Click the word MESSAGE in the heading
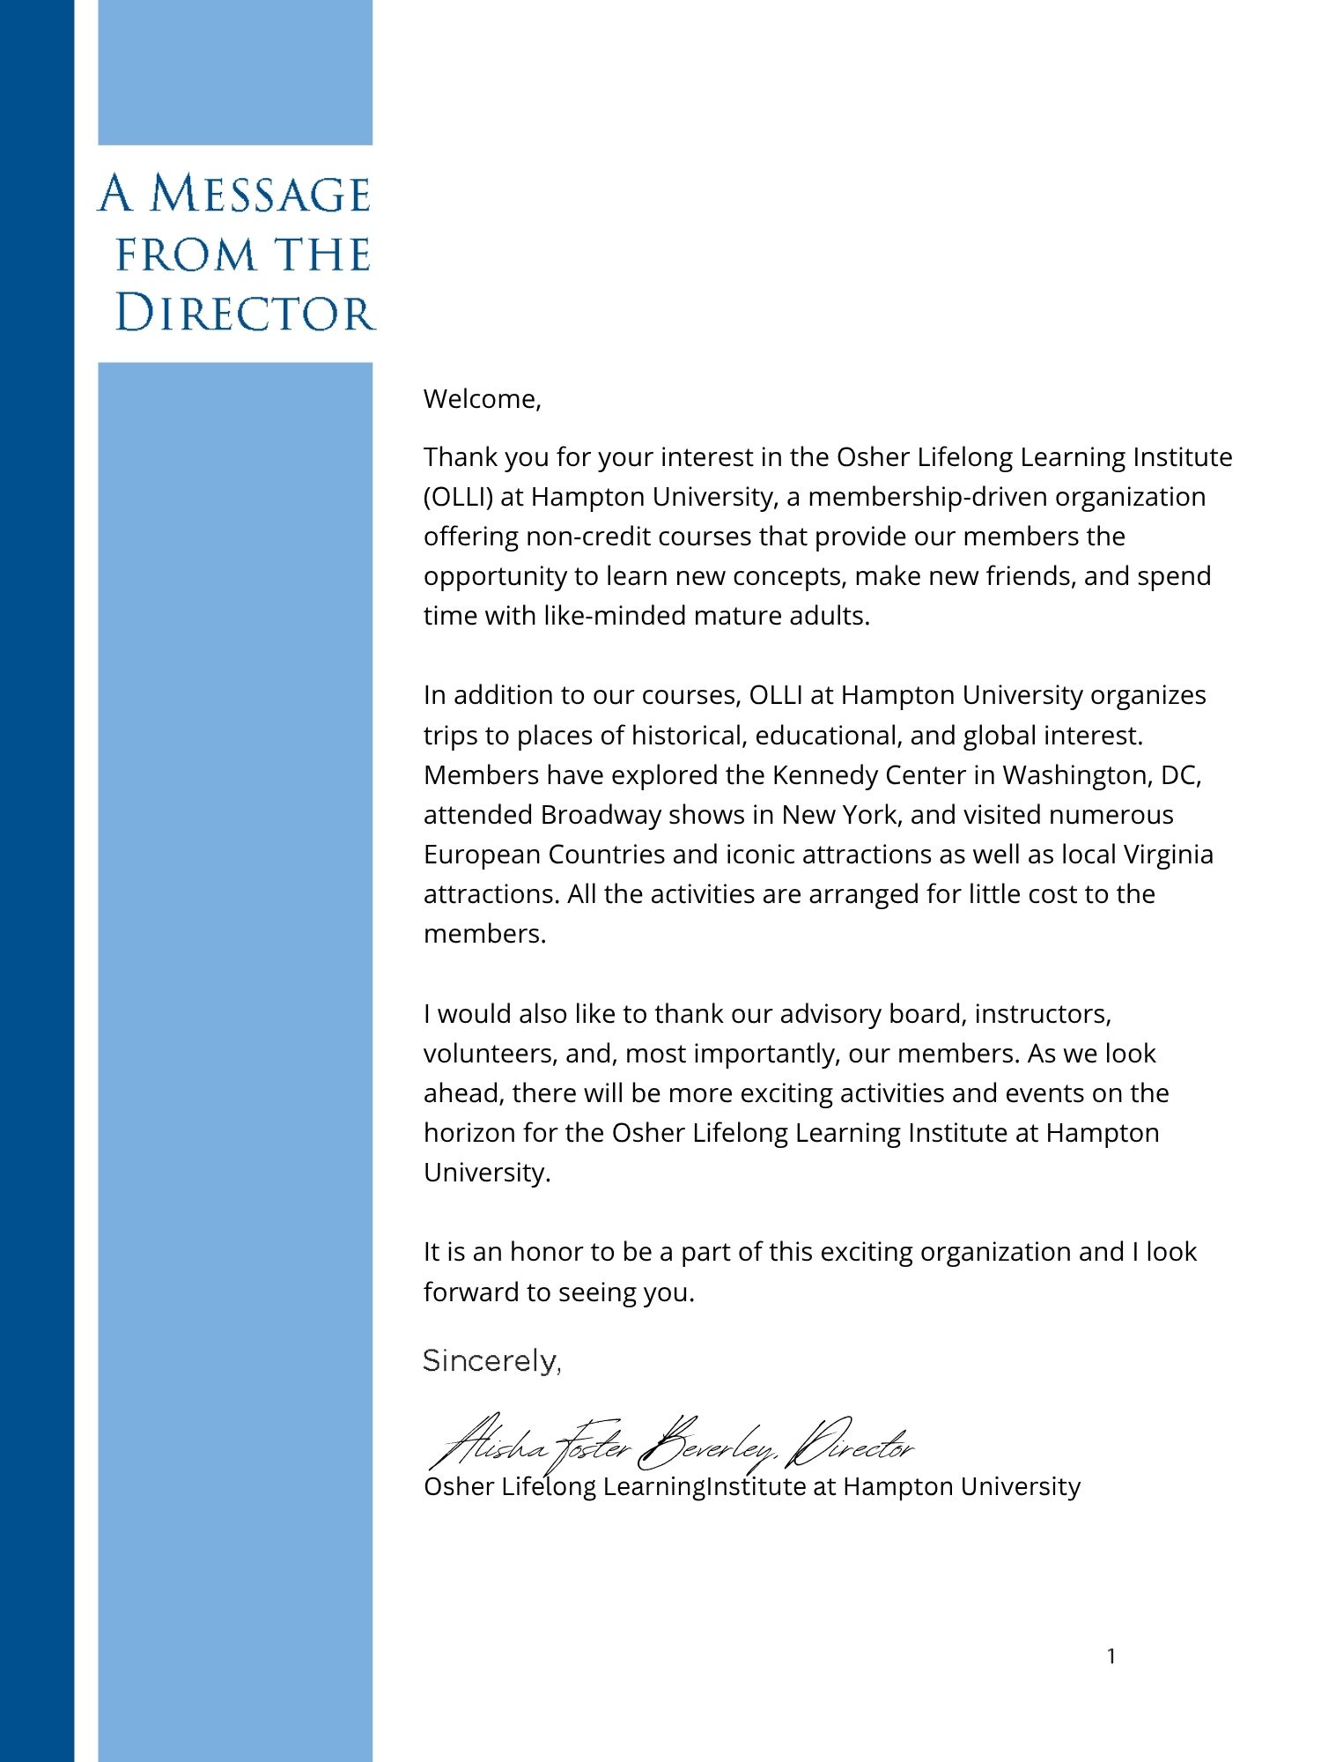(x=260, y=194)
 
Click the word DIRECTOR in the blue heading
(x=245, y=314)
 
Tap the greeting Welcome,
(x=482, y=399)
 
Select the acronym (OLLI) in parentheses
(x=458, y=497)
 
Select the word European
(x=482, y=855)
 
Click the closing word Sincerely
(x=491, y=1361)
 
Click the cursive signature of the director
(x=669, y=1443)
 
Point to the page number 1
(x=1111, y=1656)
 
